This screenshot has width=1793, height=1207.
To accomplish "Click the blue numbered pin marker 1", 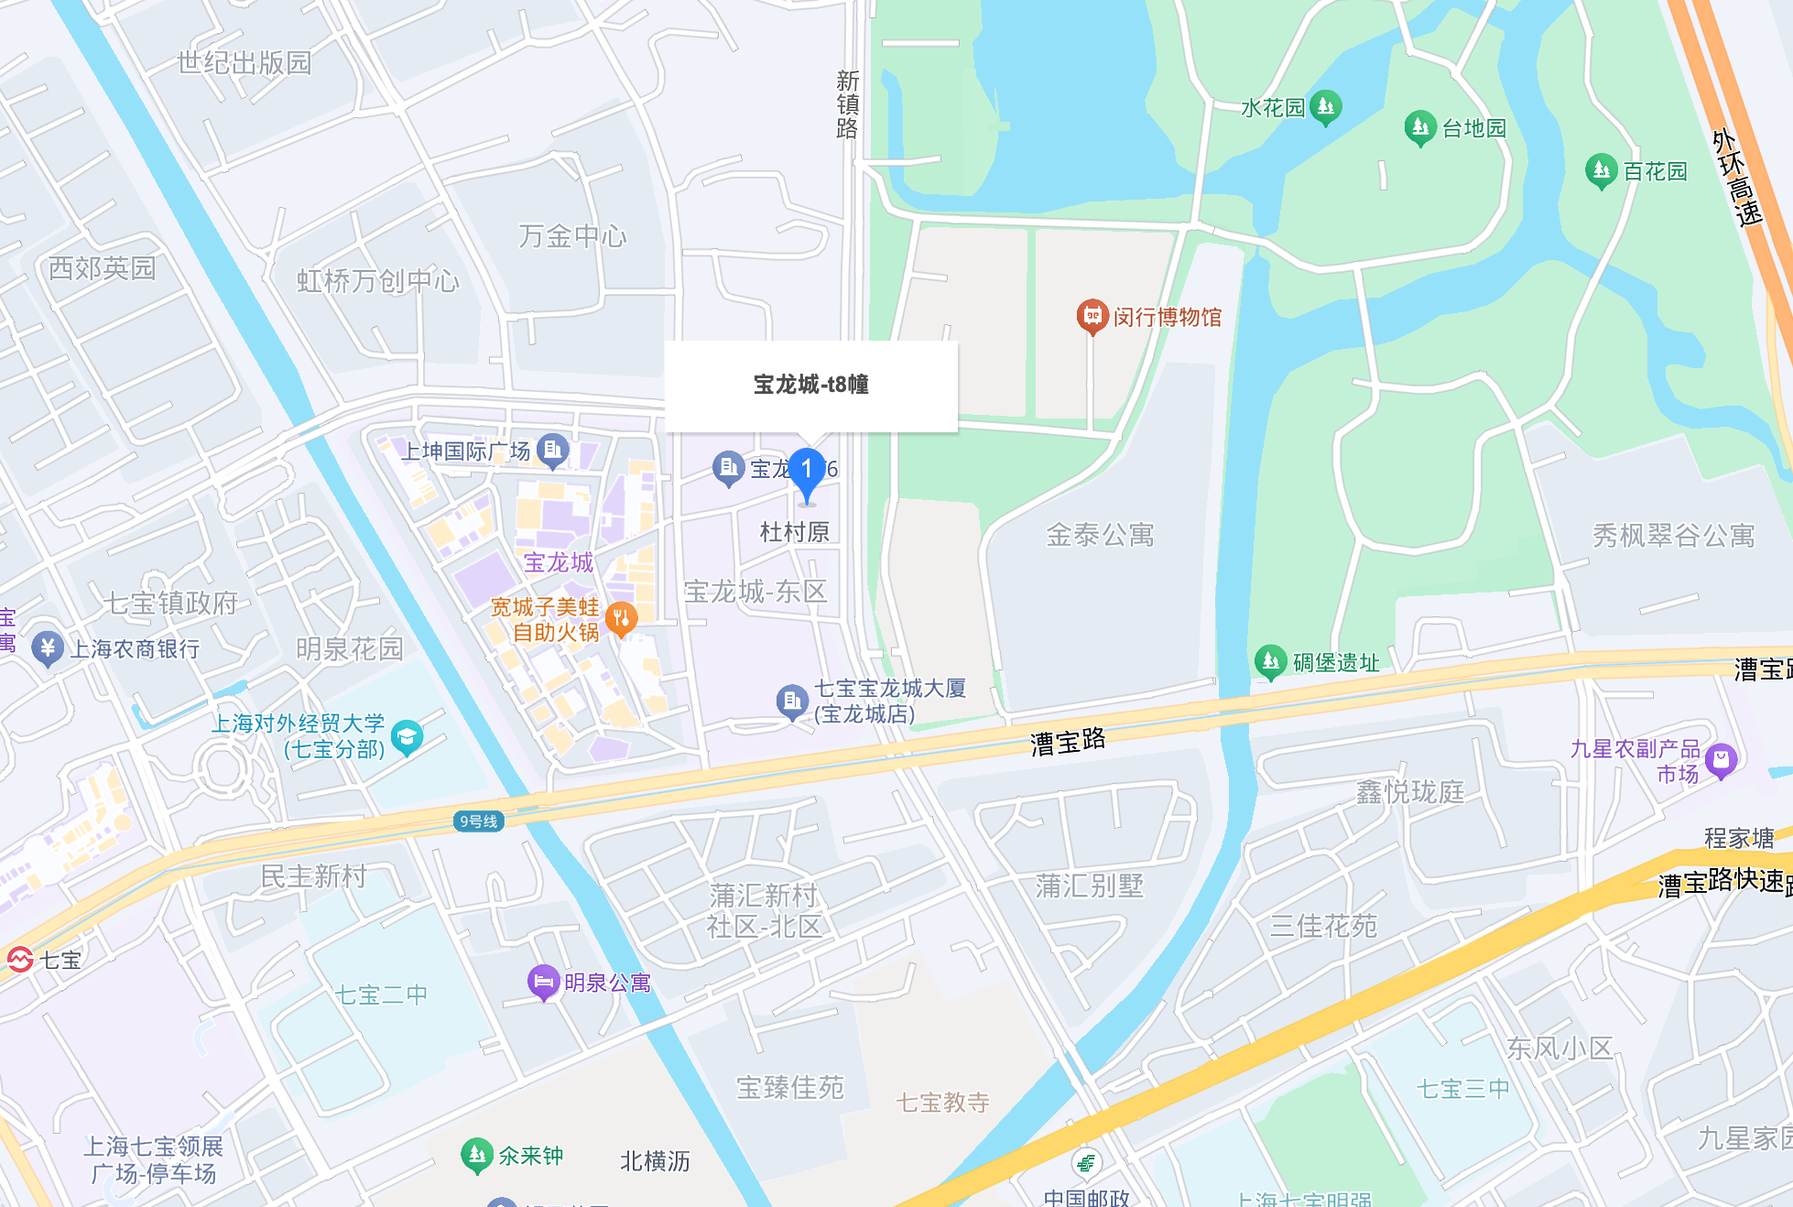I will pos(807,472).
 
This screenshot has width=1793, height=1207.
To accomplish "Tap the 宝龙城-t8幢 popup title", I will pos(810,385).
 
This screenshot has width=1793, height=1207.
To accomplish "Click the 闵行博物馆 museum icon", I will pos(1092,316).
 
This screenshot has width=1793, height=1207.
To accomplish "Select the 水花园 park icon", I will pos(1325,106).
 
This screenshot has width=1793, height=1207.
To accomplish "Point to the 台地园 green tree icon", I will pos(1419,126).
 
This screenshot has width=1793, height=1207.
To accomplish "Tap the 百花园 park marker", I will pos(1601,169).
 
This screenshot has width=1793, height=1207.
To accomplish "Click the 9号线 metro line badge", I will pos(479,821).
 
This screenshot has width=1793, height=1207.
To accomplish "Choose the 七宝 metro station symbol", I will pos(20,959).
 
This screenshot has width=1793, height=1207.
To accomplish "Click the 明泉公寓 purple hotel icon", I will pos(543,982).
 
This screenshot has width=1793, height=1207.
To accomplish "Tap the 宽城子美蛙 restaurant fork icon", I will pos(621,618).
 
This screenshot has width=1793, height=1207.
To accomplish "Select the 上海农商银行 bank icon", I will pos(47,647).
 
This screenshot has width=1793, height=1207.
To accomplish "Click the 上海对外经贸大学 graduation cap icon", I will pos(407,736).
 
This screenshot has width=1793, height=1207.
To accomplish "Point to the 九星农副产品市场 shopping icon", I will pos(1721,759).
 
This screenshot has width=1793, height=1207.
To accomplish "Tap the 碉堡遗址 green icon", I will pos(1270,661).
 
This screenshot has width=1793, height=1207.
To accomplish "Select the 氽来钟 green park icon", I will pos(476,1155).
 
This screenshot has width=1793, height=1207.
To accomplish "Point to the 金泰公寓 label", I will pos(1100,535).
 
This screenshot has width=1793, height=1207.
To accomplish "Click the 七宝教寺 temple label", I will pos(942,1103).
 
